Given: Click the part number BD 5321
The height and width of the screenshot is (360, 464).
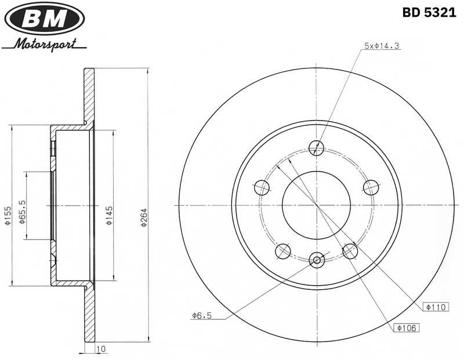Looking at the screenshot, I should coord(429,13).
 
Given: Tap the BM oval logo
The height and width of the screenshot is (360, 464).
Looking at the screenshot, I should coord(45,19).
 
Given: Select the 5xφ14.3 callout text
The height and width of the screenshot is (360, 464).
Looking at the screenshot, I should coord(382,45).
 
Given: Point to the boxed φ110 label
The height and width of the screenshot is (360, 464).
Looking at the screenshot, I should coord(434,307).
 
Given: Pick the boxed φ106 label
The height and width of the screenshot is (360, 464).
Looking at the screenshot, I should coord(407,328).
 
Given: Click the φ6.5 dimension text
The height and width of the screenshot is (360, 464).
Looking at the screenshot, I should coord(201,315).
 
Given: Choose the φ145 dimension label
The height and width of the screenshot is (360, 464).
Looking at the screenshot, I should coord(109,215).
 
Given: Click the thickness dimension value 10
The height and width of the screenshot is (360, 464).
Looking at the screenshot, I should coord(101,349).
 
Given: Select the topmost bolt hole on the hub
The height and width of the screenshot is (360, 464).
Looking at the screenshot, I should coord(316,148).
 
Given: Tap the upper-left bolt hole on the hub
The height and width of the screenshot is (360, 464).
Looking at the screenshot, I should coord(263,187).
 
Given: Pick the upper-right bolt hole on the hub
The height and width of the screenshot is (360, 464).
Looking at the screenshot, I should coord(370,187).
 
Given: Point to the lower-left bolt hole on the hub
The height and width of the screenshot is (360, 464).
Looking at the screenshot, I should coord(283,250).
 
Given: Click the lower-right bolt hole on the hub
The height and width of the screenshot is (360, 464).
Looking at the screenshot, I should coord(350,250).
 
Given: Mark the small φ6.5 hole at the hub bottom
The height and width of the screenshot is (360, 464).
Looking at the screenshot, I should coord(316,260).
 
